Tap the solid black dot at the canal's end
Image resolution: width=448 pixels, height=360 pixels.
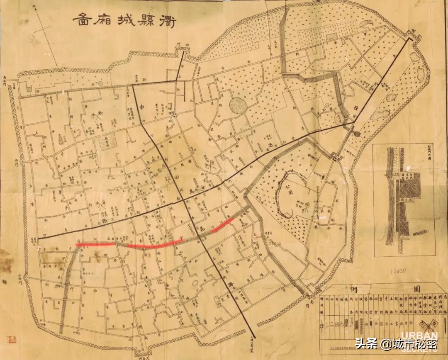[x=357, y=134]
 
